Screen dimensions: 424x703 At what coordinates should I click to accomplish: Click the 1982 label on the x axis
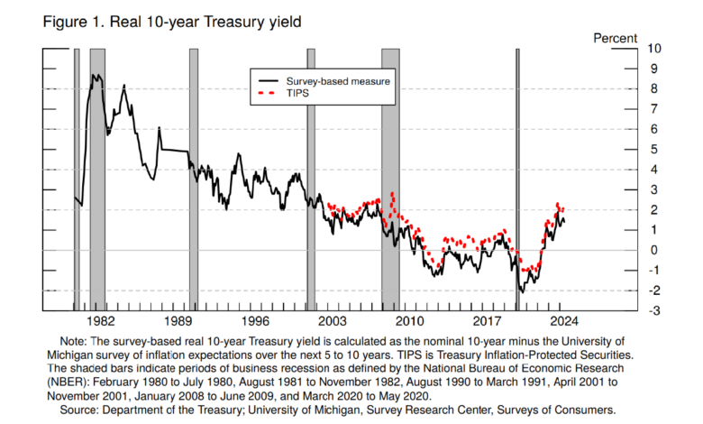coord(99,322)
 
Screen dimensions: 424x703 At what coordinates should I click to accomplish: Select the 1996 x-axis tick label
coord(255,322)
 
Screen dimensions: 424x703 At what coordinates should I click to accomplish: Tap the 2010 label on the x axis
coord(411,322)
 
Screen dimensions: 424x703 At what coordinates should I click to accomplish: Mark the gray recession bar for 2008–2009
coord(389,180)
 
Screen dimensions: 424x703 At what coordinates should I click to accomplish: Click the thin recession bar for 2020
coord(517,180)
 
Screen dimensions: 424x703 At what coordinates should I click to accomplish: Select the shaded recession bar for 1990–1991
coord(194,180)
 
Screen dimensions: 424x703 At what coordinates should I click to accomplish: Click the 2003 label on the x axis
coord(333,322)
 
